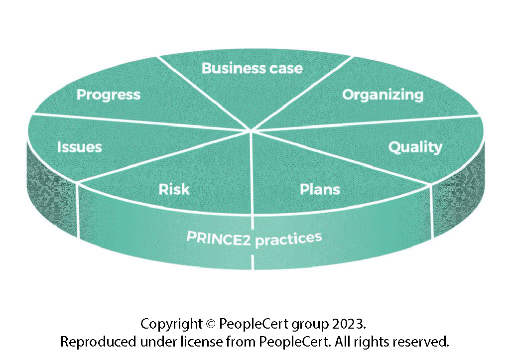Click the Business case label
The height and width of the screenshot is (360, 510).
(x=252, y=68)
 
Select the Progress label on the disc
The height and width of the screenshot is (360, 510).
(x=109, y=95)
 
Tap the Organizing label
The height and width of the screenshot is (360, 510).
(x=382, y=95)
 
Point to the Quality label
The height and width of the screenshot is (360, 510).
(x=415, y=147)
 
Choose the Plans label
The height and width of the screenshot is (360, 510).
(x=320, y=189)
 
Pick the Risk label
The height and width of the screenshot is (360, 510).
(x=174, y=189)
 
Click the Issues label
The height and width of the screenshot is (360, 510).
(x=79, y=147)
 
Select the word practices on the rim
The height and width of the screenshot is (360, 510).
(x=288, y=239)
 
